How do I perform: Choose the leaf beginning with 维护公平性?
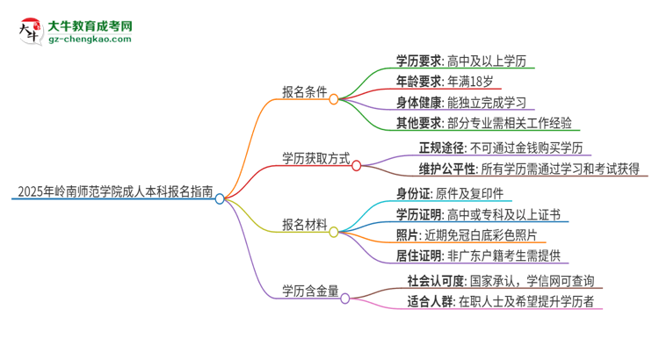tap(519, 170)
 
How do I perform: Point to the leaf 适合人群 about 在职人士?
tap(501, 304)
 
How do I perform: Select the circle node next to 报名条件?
tap(334, 99)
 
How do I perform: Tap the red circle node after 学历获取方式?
tap(357, 164)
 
